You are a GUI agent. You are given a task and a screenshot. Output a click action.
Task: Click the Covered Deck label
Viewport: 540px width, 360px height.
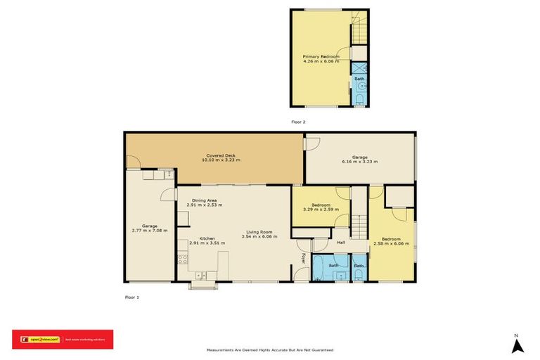(221, 155)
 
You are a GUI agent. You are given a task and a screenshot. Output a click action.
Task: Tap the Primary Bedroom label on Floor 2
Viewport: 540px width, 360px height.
(321, 56)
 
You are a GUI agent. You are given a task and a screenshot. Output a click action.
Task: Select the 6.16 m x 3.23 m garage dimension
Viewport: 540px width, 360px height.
(359, 162)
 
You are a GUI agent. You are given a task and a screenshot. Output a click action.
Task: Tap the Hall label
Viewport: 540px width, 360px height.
(341, 243)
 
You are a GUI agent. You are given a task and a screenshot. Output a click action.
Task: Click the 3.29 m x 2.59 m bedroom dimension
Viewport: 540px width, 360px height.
(321, 210)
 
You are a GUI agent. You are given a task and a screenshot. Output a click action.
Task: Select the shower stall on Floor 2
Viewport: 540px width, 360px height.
(359, 67)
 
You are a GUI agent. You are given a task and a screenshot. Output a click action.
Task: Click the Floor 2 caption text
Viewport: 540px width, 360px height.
(298, 122)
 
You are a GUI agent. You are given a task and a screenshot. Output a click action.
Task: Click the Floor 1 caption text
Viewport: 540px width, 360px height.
(131, 297)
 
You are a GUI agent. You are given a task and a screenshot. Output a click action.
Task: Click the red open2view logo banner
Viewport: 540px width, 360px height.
(62, 340)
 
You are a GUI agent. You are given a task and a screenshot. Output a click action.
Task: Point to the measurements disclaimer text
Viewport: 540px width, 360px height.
(269, 349)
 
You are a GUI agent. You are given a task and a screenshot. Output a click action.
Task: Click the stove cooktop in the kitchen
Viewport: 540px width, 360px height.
(183, 260)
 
